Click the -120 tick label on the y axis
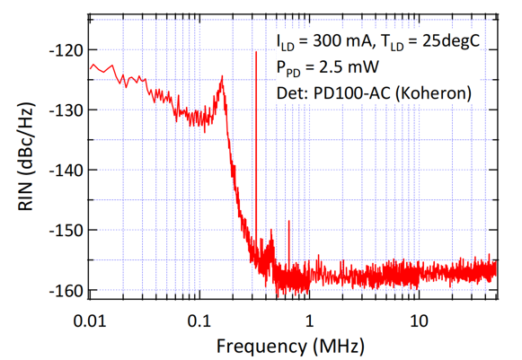tap(66, 50)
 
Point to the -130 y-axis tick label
tap(66, 110)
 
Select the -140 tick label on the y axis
tap(66, 171)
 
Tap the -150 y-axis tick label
tap(66, 231)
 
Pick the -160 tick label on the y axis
tap(66, 291)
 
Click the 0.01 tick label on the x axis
tap(90, 321)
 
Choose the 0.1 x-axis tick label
tap(199, 321)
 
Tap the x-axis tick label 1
tap(310, 321)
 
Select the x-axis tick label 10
tap(419, 321)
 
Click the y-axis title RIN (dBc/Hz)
tap(26, 157)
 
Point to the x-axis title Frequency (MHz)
tap(290, 346)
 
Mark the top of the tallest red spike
tap(256, 51)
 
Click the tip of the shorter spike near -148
tap(289, 221)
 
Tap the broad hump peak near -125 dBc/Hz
tap(222, 76)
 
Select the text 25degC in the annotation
tap(451, 42)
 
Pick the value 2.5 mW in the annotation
tap(349, 67)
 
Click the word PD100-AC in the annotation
tap(351, 93)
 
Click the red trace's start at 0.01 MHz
tap(90, 69)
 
